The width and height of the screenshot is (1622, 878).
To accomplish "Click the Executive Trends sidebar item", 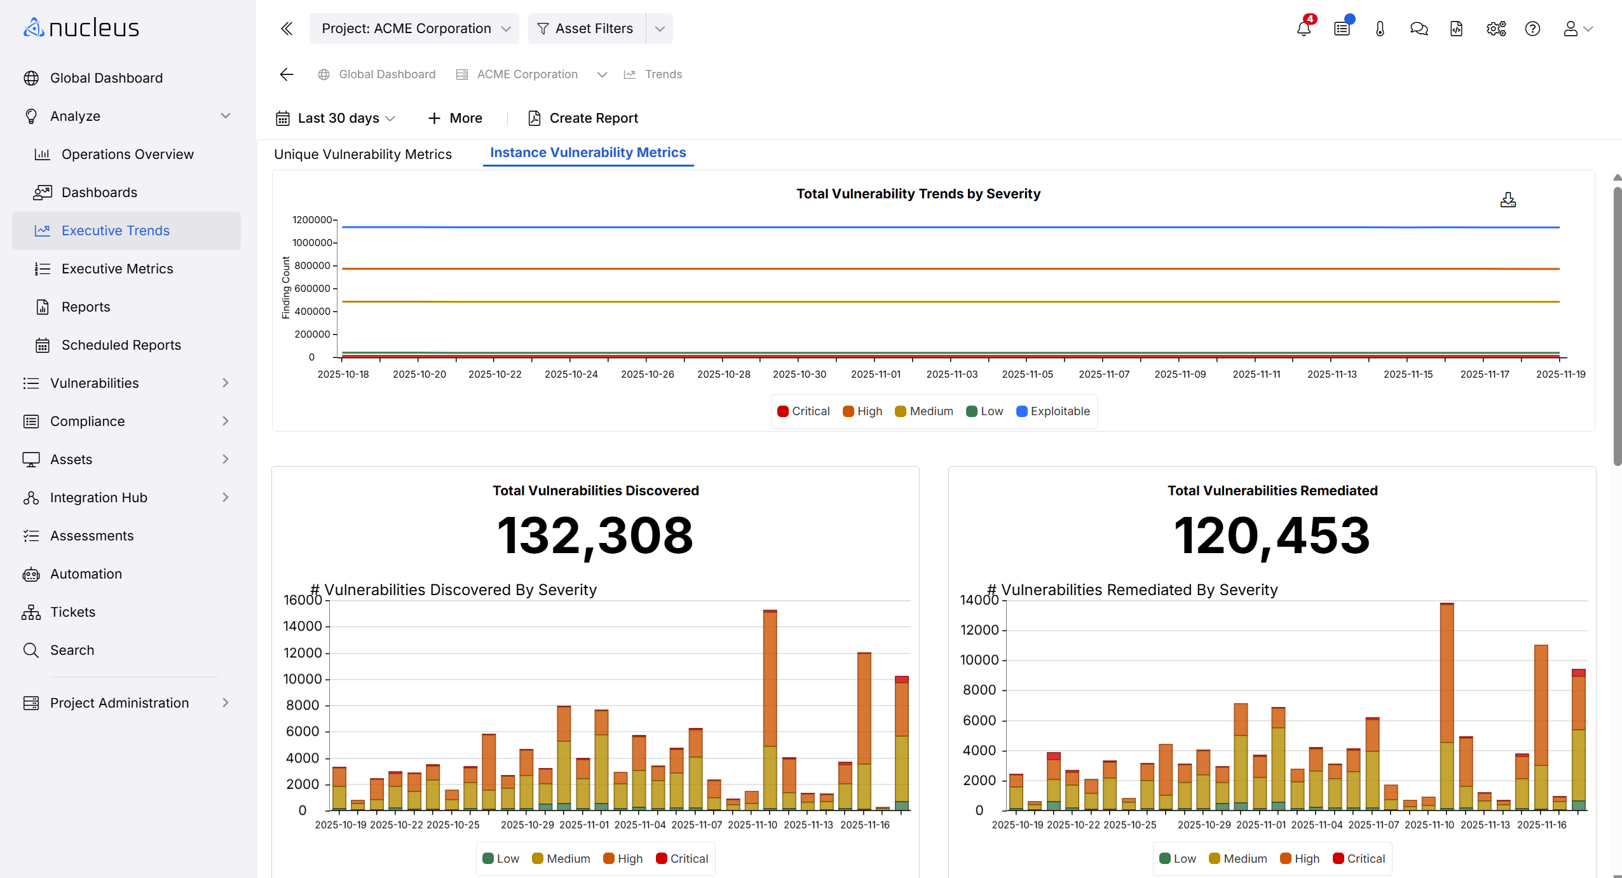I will (x=115, y=231).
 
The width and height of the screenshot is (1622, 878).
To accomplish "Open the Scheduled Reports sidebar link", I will (x=121, y=345).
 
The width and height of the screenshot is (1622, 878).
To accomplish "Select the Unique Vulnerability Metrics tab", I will (x=362, y=154).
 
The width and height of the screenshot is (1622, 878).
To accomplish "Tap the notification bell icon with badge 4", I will (x=1304, y=29).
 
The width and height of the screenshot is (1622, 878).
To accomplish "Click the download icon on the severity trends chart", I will (x=1508, y=200).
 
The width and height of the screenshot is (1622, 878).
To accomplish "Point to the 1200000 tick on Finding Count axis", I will (x=311, y=220).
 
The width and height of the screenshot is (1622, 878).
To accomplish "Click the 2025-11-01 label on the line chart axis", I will (x=875, y=374).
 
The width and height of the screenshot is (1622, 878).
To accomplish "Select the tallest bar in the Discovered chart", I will (x=770, y=709).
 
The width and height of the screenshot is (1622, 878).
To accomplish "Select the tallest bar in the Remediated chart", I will (x=1447, y=706).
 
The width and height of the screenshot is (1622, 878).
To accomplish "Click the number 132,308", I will (x=595, y=535).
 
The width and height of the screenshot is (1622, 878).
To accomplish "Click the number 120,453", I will (x=1272, y=535).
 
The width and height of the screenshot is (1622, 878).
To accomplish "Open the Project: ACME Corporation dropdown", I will (x=414, y=29).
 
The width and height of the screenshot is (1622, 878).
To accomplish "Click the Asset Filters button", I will (x=586, y=29).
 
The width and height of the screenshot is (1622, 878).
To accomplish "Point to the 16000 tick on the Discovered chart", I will (x=303, y=600).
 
